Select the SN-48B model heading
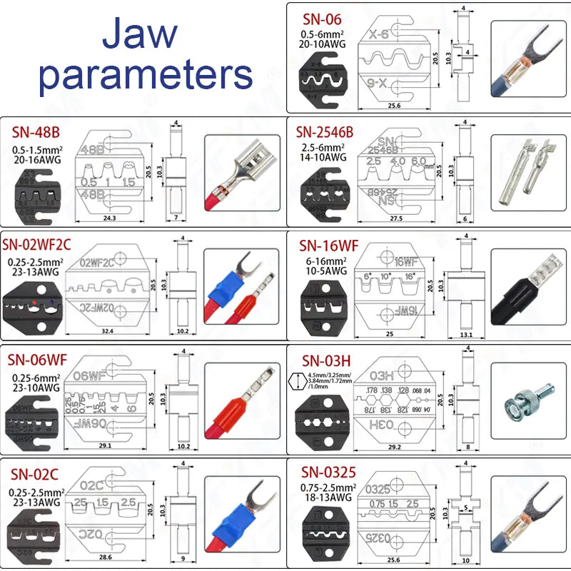(x=36, y=133)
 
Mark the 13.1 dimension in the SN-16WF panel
(x=468, y=335)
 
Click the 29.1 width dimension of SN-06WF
(x=106, y=446)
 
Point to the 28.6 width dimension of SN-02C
(x=106, y=556)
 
